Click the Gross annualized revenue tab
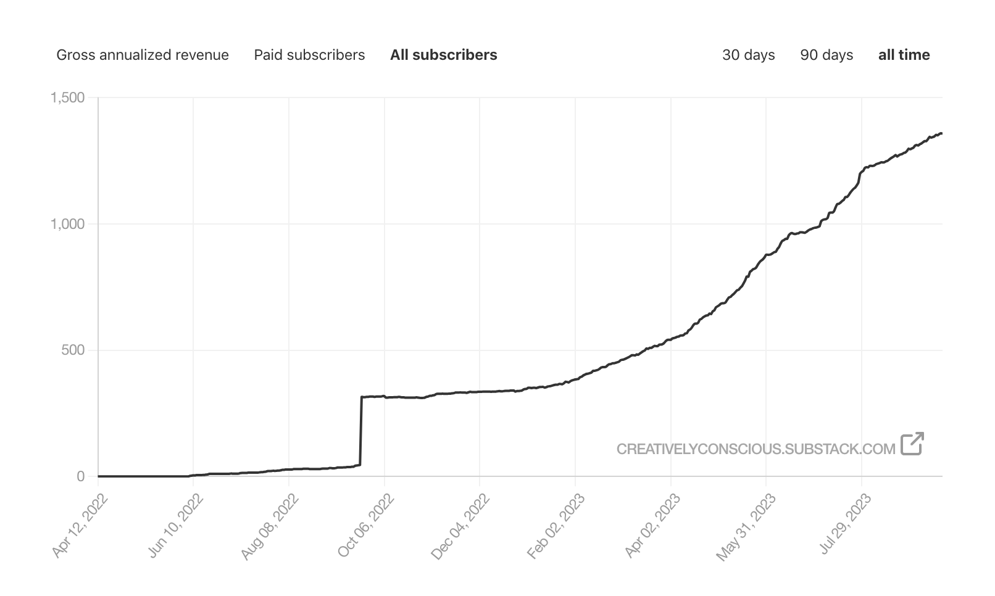tap(143, 55)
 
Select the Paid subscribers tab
tap(309, 55)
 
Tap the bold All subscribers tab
tap(443, 55)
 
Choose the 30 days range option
tap(748, 55)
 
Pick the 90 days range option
tap(826, 55)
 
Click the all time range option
tap(904, 55)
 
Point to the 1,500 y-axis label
tap(67, 97)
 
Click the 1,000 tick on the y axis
tap(67, 224)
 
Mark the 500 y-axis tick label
tap(73, 350)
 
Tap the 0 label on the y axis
tap(81, 476)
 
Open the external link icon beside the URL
tap(912, 444)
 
